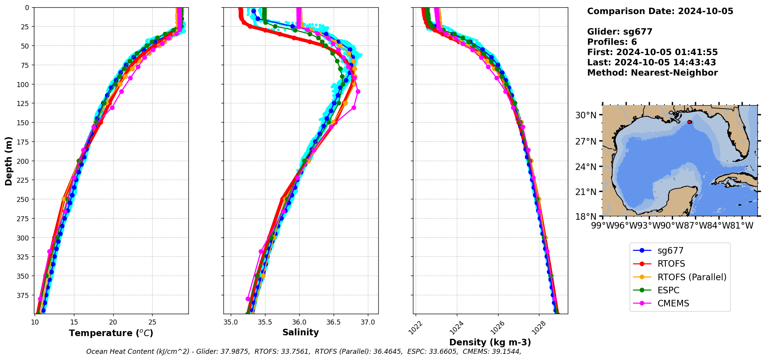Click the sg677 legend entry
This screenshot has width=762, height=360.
point(670,251)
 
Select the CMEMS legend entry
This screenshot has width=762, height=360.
point(673,303)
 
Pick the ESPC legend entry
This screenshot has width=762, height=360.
point(668,290)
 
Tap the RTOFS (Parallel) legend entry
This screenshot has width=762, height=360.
point(692,277)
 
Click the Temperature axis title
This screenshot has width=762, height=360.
point(111,333)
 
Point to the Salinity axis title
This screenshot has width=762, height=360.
point(300,332)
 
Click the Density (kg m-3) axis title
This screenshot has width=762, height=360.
point(490,342)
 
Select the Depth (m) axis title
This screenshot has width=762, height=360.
point(9,161)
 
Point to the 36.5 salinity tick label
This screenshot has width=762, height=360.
point(334,322)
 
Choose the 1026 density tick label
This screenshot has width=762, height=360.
point(498,327)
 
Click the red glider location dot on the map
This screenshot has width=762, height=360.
point(689,122)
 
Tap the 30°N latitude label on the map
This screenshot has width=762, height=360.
point(586,115)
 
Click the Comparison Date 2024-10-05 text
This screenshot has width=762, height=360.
point(660,11)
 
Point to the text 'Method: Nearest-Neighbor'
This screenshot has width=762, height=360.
point(652,73)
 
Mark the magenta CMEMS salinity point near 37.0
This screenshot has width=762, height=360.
point(358,91)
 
